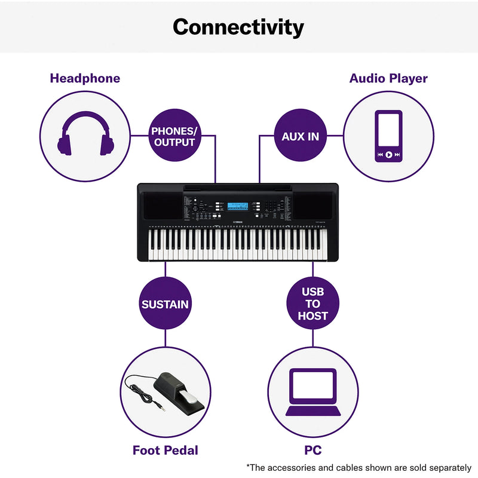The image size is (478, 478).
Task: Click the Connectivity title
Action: coord(238,27)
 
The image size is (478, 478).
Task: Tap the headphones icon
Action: coord(85,135)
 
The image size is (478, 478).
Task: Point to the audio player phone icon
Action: coord(388,136)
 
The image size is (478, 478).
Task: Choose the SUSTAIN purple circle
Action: coord(165,304)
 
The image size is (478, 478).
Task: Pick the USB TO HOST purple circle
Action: coord(312,304)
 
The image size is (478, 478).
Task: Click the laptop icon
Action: coord(312,392)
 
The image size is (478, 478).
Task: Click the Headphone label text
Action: coord(85,78)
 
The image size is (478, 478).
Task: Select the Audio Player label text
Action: coord(388,78)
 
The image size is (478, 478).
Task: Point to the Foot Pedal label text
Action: coord(166,451)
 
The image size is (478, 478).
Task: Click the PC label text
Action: coord(312,451)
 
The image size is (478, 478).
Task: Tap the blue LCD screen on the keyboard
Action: coord(238,206)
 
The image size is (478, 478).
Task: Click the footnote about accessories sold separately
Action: coord(358,467)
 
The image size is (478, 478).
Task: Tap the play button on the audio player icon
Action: coord(388,155)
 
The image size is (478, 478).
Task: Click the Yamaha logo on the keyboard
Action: coord(238,224)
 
